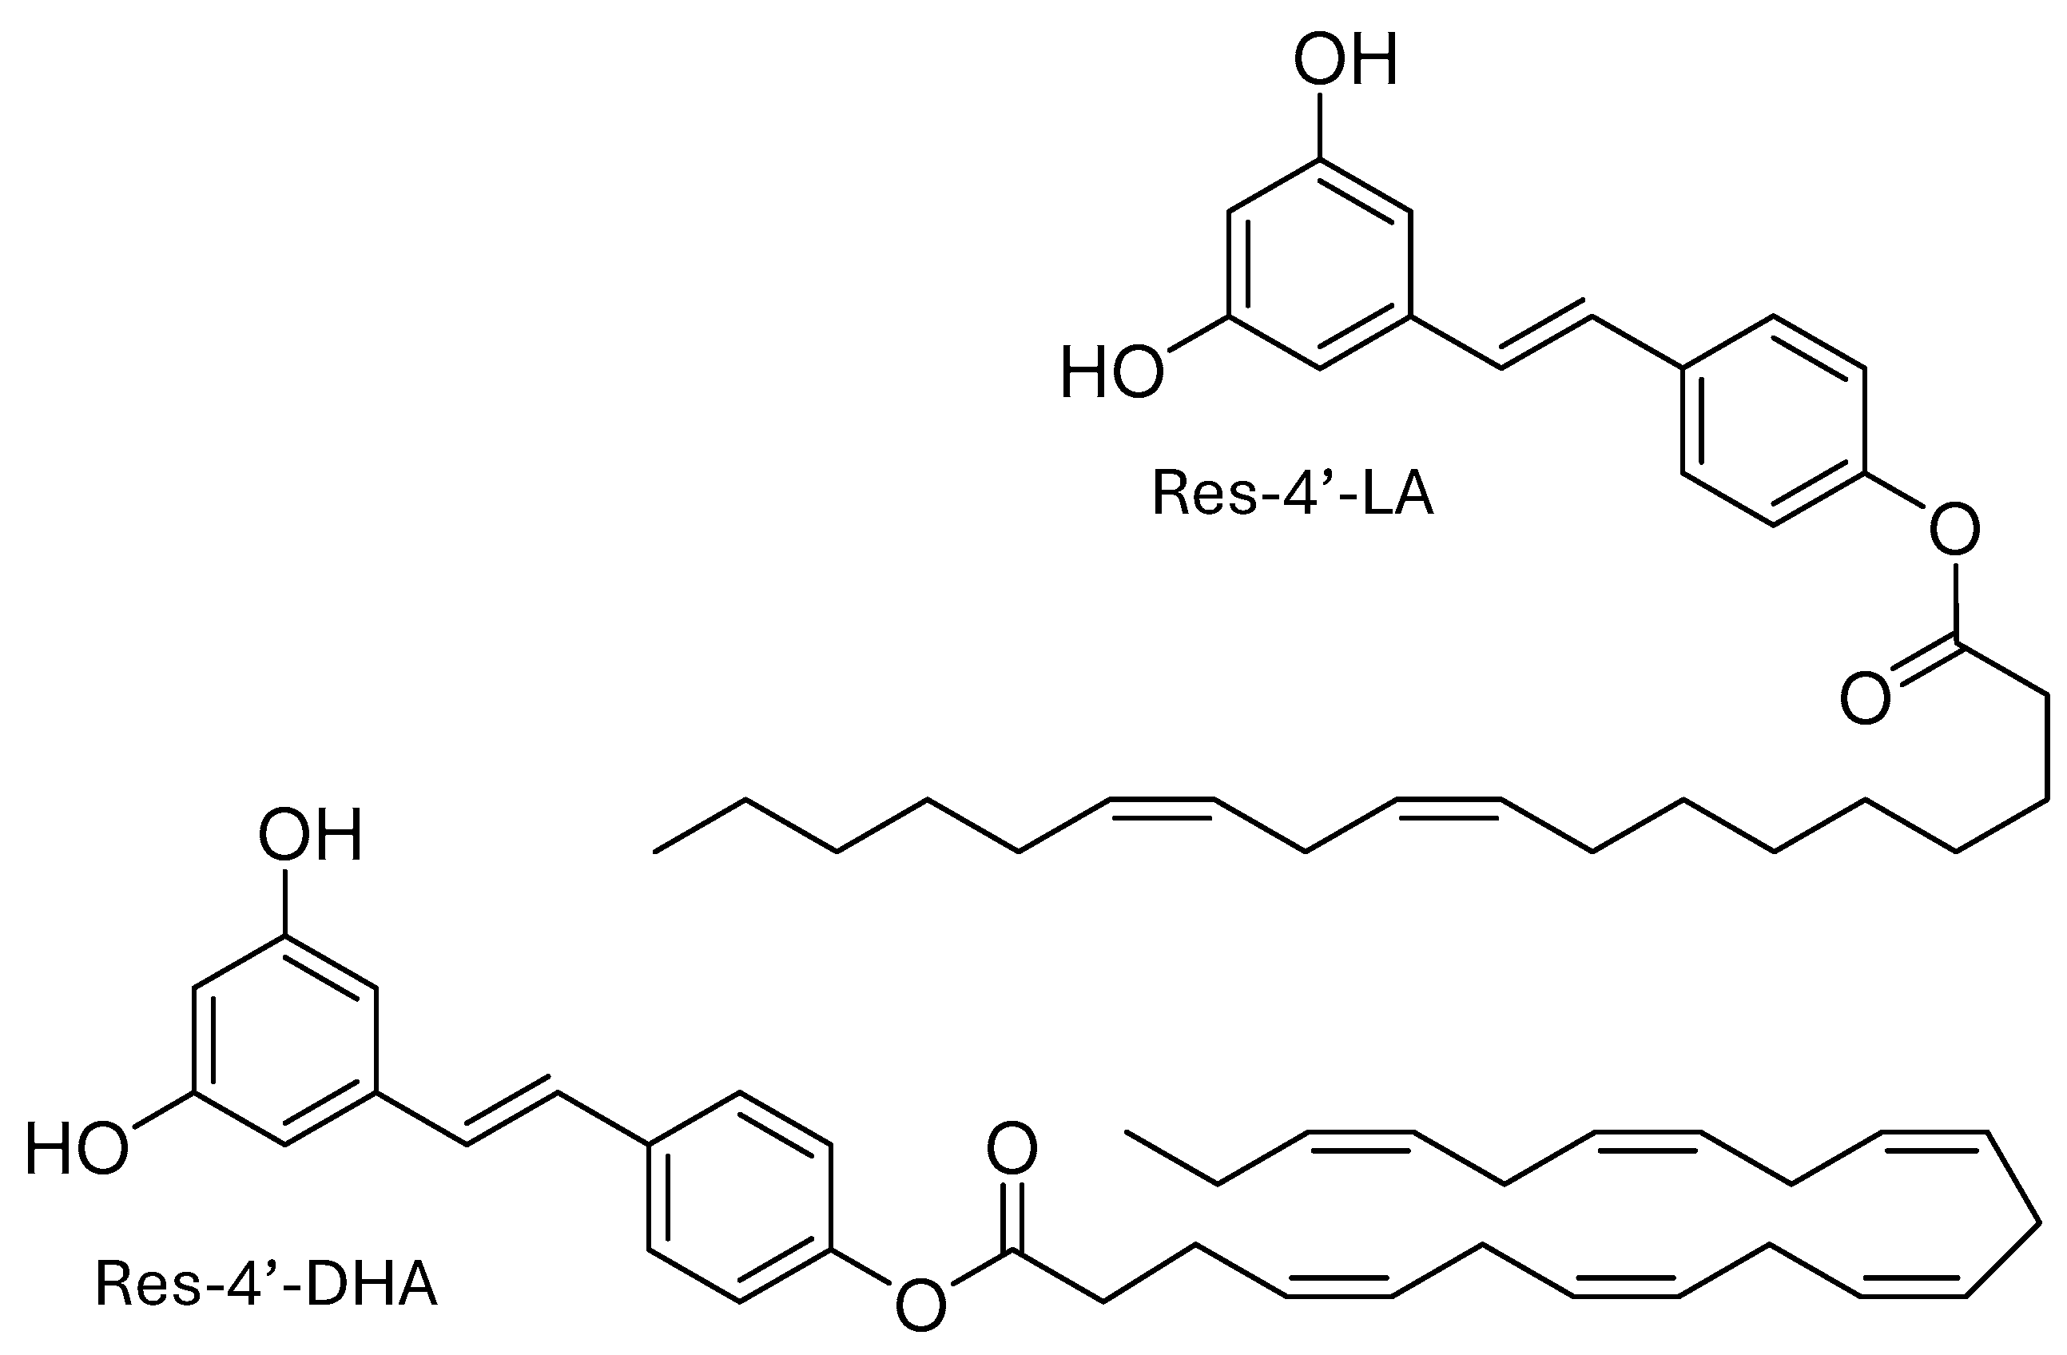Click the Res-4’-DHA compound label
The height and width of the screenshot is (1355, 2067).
[x=267, y=1285]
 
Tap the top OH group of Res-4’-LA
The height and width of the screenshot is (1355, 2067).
[x=1346, y=60]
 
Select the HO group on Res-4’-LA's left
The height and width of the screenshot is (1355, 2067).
[x=1111, y=372]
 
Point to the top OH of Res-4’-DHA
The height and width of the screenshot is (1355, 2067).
[x=310, y=836]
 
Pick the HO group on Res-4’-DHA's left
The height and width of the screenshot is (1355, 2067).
[x=77, y=1148]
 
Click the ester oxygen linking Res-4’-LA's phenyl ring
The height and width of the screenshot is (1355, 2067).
[x=1954, y=529]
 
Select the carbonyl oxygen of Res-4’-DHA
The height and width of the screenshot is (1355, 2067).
[x=1012, y=1148]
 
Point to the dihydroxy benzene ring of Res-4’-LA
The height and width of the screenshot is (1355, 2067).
[x=1319, y=264]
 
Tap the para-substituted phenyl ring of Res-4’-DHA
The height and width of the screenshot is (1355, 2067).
[x=739, y=1197]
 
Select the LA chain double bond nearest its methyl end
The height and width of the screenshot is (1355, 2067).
[x=1162, y=803]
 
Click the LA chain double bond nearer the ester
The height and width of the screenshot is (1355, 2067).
[x=1449, y=803]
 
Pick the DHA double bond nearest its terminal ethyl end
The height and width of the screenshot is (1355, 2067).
[x=1361, y=1138]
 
